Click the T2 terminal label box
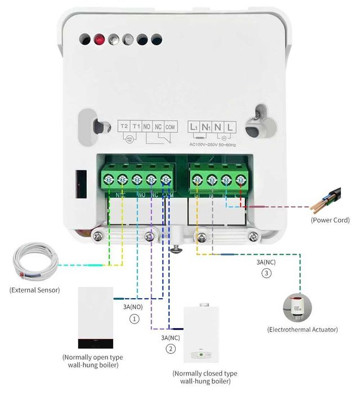[x=125, y=127]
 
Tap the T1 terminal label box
[x=136, y=127]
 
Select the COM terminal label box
[x=171, y=127]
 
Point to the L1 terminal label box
[x=194, y=127]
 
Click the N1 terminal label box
[x=206, y=127]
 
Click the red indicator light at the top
[x=100, y=39]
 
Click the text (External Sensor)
[x=34, y=290]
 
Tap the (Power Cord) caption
[x=330, y=220]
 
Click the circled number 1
[x=134, y=318]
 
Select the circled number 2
[x=170, y=348]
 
